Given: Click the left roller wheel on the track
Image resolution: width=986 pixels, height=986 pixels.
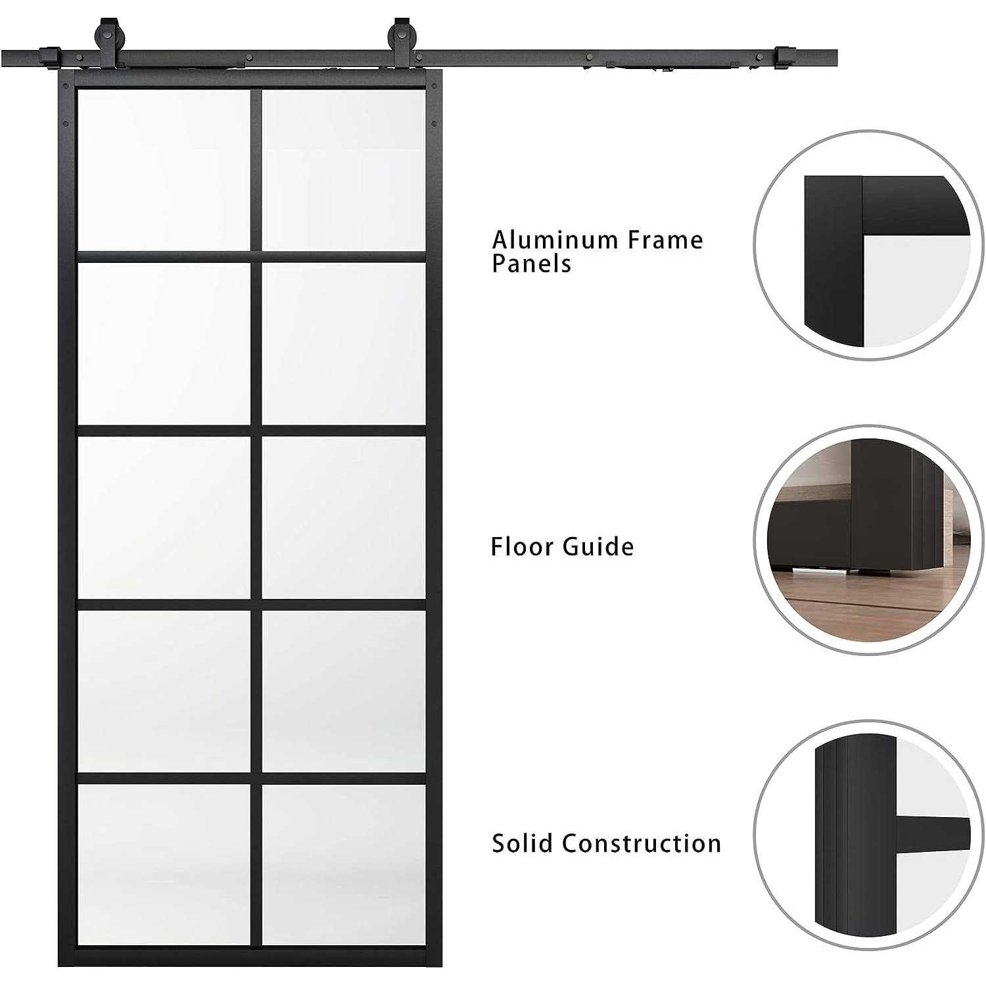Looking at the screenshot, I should pyautogui.click(x=105, y=34).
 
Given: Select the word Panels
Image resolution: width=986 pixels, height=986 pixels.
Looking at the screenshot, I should pyautogui.click(x=531, y=264).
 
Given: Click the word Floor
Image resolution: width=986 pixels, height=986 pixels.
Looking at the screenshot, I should pyautogui.click(x=521, y=547).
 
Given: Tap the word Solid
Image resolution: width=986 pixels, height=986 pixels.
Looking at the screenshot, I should pyautogui.click(x=522, y=843).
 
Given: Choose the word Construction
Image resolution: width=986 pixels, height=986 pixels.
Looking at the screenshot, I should pyautogui.click(x=642, y=843).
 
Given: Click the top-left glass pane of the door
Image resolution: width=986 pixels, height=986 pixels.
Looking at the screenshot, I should pyautogui.click(x=164, y=169).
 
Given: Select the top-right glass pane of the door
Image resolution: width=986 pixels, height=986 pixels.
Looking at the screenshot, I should pyautogui.click(x=344, y=169).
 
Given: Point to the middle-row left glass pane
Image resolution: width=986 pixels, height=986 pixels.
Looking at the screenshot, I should pyautogui.click(x=164, y=517).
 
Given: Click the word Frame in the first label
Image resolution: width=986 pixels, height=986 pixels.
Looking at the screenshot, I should pyautogui.click(x=665, y=240).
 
